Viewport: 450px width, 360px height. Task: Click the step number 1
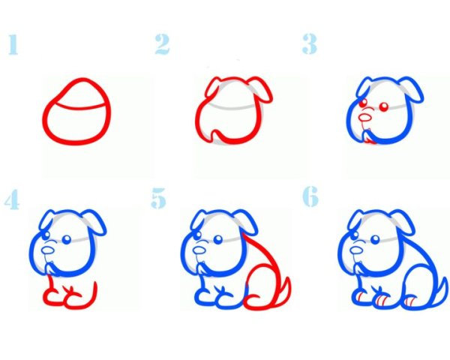(13, 44)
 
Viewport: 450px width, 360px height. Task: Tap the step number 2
(162, 44)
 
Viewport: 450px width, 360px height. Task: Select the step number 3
(310, 44)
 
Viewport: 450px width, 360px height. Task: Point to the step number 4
(12, 199)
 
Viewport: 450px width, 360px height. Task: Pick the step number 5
(159, 198)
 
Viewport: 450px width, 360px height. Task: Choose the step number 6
(310, 196)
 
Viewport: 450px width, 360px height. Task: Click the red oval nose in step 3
(365, 118)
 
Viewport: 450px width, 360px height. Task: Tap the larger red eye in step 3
(384, 107)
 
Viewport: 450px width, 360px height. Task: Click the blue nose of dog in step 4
(48, 250)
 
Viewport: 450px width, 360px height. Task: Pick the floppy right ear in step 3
(411, 88)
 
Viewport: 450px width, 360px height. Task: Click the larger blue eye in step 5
(217, 239)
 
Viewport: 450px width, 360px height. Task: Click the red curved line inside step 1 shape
(76, 106)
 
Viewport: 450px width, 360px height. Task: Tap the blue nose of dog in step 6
(356, 250)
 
